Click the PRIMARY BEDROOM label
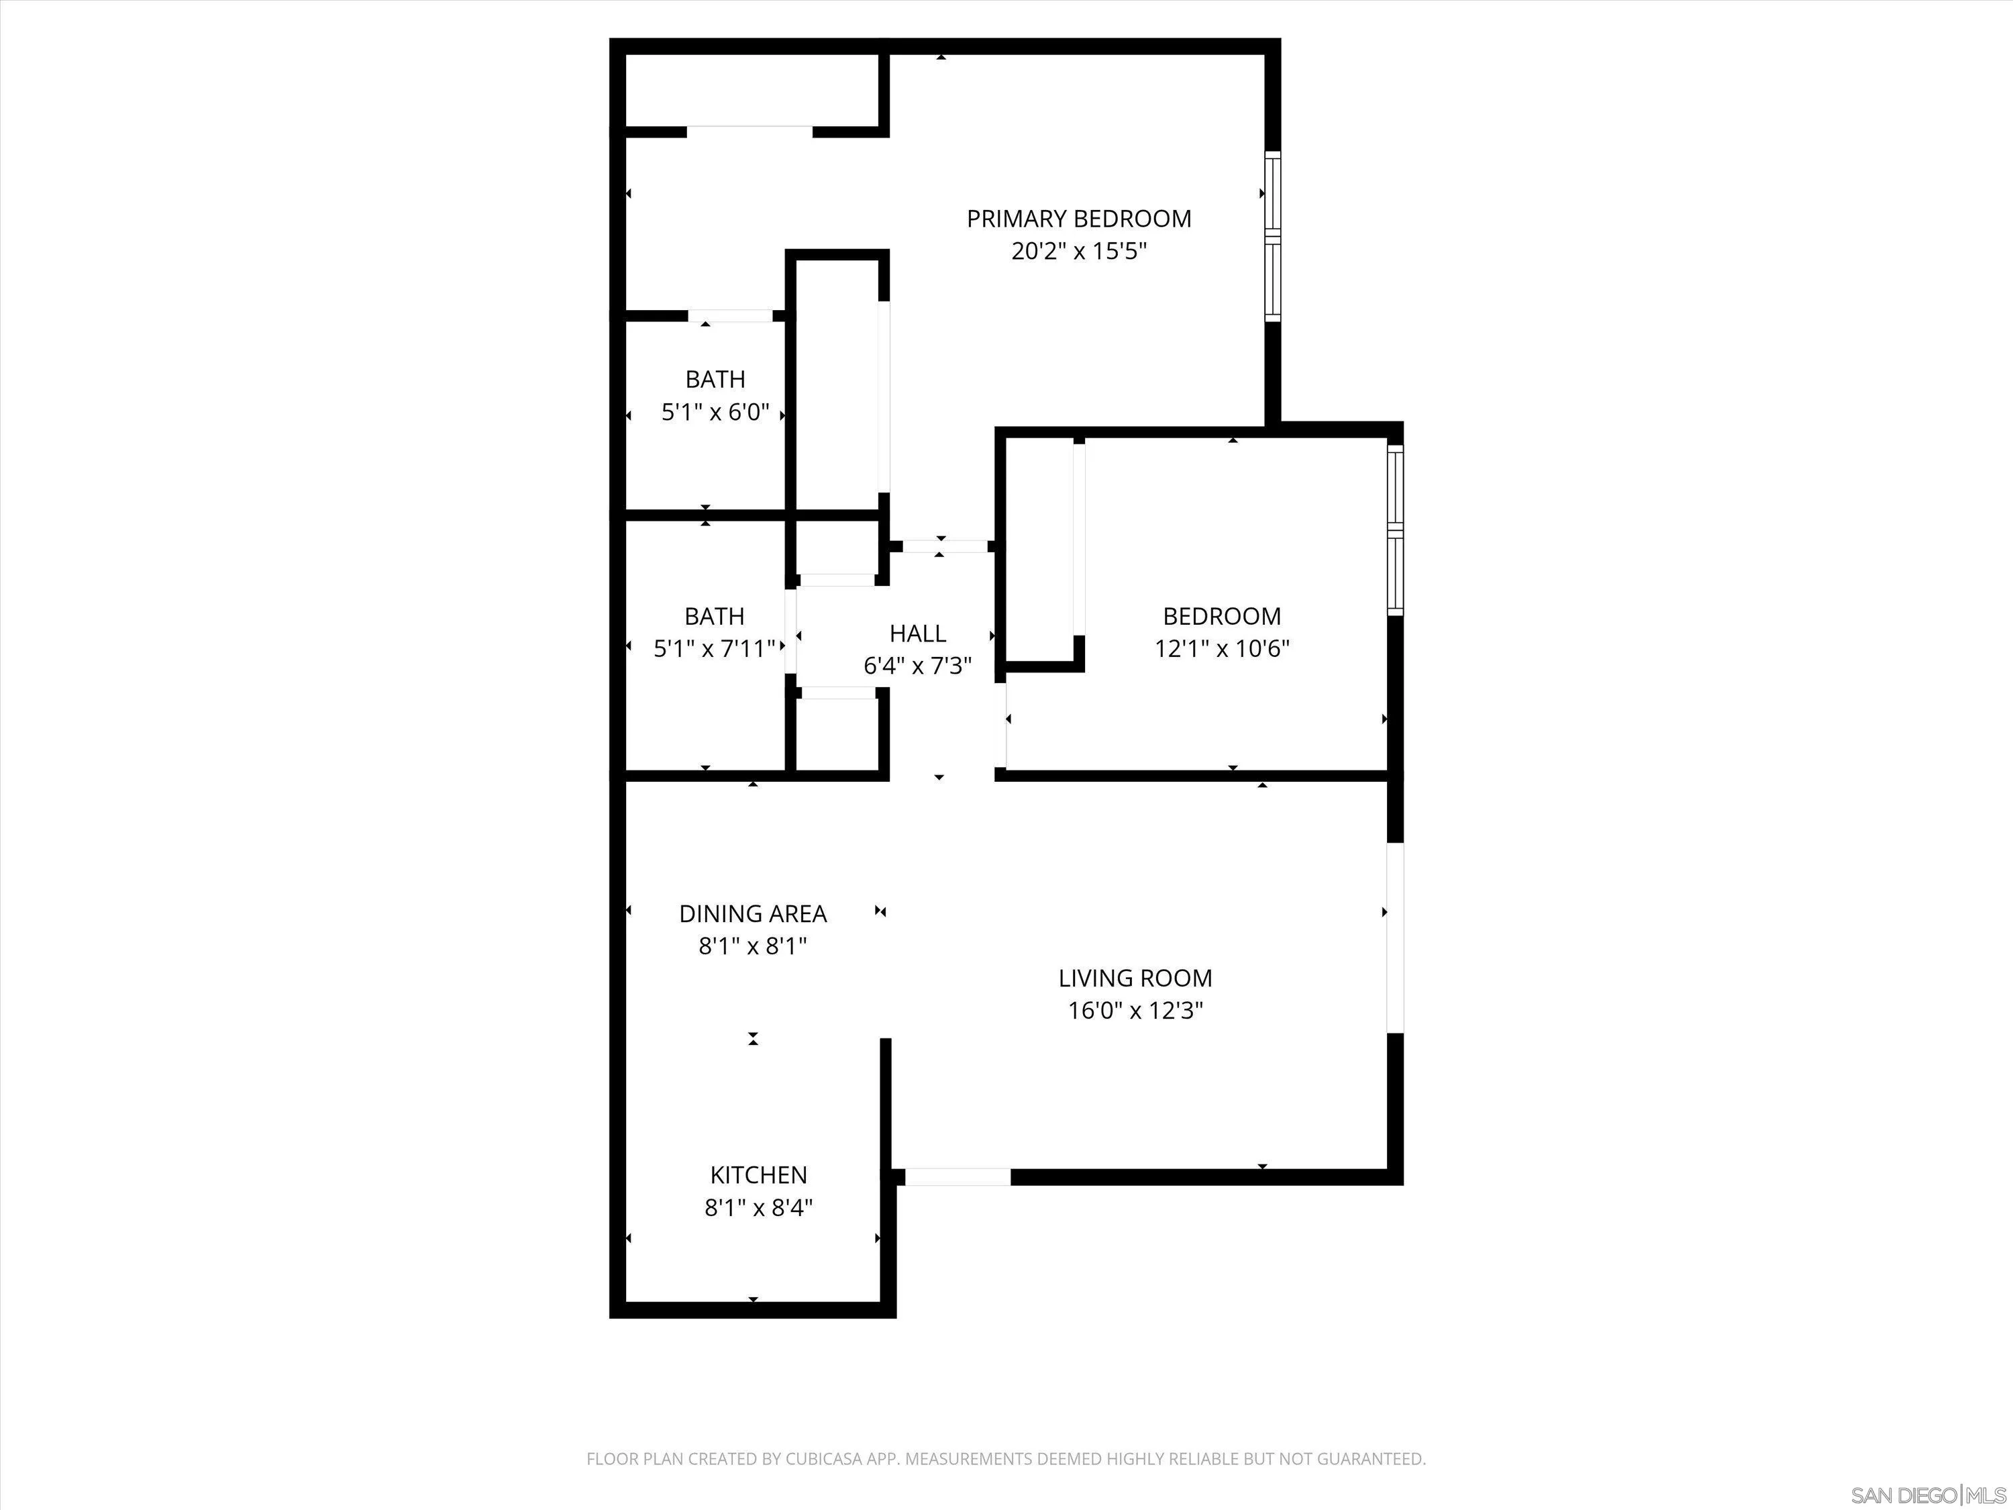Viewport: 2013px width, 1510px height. click(1078, 218)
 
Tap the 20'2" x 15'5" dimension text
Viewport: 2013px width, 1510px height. click(1078, 251)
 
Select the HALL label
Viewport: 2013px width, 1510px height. click(917, 634)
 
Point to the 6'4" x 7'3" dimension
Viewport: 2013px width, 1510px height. click(917, 666)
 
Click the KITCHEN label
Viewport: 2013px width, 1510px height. click(758, 1175)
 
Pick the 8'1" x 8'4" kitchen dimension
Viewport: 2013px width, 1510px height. click(758, 1208)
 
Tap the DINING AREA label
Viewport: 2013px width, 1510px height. click(753, 914)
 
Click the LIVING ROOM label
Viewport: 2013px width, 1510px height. click(1135, 978)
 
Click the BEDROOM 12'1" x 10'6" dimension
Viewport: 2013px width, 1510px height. click(1222, 649)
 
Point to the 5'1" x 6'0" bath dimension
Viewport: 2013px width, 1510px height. click(715, 412)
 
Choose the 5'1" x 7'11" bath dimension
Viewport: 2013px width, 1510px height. click(715, 649)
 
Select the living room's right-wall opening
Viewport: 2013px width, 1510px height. click(1394, 938)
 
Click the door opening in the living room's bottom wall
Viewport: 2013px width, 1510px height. click(958, 1177)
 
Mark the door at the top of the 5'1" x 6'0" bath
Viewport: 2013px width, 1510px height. click(731, 316)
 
